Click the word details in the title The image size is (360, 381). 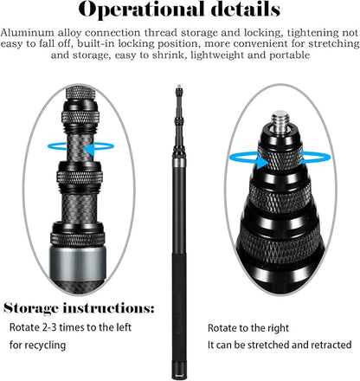pyautogui.click(x=246, y=9)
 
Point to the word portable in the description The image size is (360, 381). pyautogui.click(x=289, y=55)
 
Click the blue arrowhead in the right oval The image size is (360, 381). pyautogui.click(x=261, y=162)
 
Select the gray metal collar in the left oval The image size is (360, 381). pyautogui.click(x=78, y=262)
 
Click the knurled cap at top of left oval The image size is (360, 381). pyautogui.click(x=80, y=93)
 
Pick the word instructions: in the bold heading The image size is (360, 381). pyautogui.click(x=109, y=308)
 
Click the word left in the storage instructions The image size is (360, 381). pyautogui.click(x=124, y=327)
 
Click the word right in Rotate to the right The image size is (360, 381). pyautogui.click(x=277, y=328)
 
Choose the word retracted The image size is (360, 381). pyautogui.click(x=330, y=345)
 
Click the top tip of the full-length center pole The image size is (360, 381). pyautogui.click(x=179, y=86)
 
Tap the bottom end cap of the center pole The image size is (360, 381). pyautogui.click(x=179, y=376)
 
